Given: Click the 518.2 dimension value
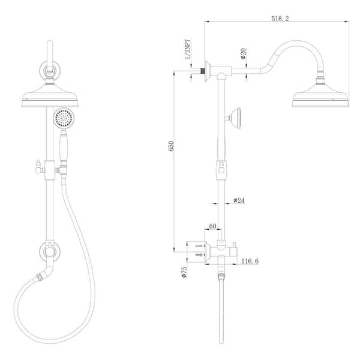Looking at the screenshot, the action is pyautogui.click(x=280, y=19).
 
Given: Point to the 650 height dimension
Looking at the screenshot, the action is pyautogui.click(x=171, y=146).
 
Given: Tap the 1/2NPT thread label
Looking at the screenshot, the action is pyautogui.click(x=188, y=49).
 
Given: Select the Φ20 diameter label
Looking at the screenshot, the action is pyautogui.click(x=243, y=53).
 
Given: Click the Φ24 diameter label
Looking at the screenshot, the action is pyautogui.click(x=239, y=200).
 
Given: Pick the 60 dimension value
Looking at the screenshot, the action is pyautogui.click(x=212, y=226).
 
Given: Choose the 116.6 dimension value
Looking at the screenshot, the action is pyautogui.click(x=250, y=261).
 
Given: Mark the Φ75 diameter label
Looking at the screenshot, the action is pyautogui.click(x=184, y=272).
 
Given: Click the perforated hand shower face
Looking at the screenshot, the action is pyautogui.click(x=64, y=118).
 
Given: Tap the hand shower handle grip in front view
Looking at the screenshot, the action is pyautogui.click(x=64, y=146).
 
